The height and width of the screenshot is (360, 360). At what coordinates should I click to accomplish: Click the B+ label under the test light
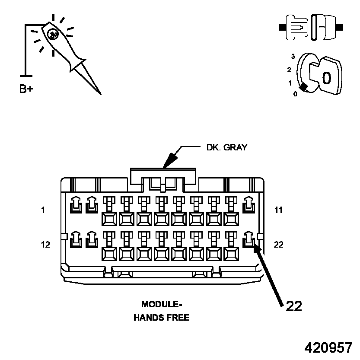[x=26, y=89]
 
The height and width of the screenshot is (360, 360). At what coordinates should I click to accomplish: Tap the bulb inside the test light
[x=52, y=34]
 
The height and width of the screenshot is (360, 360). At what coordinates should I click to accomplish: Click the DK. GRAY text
[x=226, y=147]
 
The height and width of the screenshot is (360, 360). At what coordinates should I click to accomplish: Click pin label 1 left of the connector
[x=43, y=210]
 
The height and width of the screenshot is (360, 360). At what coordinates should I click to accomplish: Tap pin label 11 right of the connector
[x=278, y=210]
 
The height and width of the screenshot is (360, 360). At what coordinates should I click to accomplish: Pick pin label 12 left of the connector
[x=45, y=245]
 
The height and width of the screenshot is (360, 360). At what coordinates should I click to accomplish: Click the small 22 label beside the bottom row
[x=279, y=245]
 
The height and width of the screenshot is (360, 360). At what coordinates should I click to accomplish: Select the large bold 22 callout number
[x=293, y=306]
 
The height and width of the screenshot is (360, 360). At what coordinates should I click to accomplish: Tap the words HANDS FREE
[x=161, y=318]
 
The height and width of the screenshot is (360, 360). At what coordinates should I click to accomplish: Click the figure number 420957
[x=328, y=347]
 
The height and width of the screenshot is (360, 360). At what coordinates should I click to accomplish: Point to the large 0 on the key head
[x=327, y=78]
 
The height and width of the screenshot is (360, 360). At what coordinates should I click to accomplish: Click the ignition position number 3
[x=293, y=57]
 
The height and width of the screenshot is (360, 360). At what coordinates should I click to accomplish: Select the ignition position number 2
[x=289, y=70]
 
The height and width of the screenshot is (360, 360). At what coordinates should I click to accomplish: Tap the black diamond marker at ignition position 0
[x=304, y=87]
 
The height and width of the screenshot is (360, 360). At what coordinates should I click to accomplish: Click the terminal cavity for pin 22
[x=248, y=240]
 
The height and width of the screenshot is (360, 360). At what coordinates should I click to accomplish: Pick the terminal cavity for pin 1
[x=76, y=205]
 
